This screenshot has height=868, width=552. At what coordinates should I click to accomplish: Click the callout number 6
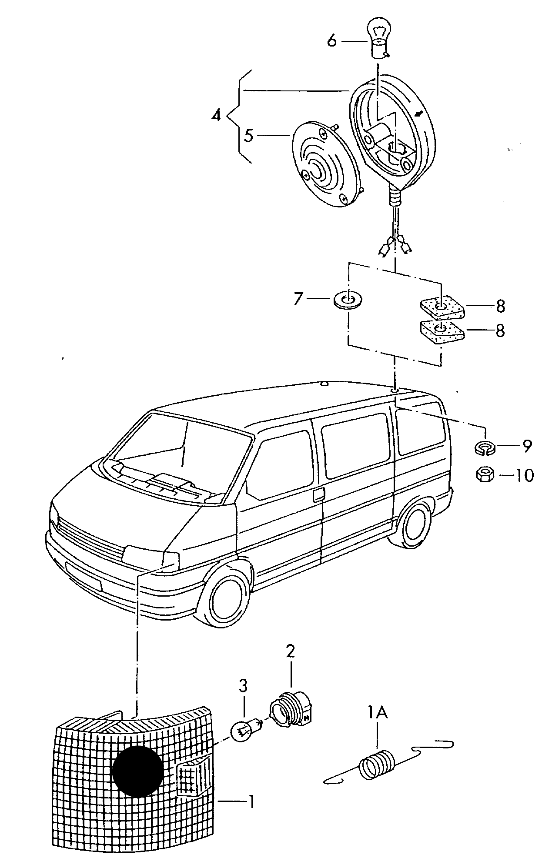click(x=332, y=41)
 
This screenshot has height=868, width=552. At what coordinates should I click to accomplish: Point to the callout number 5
click(x=248, y=136)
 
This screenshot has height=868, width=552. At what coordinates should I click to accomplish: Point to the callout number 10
click(x=524, y=475)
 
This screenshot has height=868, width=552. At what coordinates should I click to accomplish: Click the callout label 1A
click(x=377, y=712)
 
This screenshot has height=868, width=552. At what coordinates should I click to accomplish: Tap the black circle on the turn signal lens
click(x=137, y=771)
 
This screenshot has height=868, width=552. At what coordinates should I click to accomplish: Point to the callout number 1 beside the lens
click(x=251, y=801)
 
